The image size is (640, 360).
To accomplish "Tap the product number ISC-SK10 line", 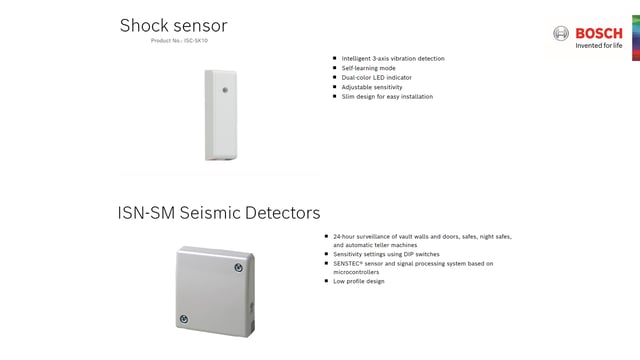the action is coord(179,41).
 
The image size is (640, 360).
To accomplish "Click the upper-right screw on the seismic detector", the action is coord(239,267).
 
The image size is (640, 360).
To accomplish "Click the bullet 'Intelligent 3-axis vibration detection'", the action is coord(392,58).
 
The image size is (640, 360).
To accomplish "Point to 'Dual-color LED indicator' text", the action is coord(376,77).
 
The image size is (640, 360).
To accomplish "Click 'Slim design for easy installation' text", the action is coord(387,96).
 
